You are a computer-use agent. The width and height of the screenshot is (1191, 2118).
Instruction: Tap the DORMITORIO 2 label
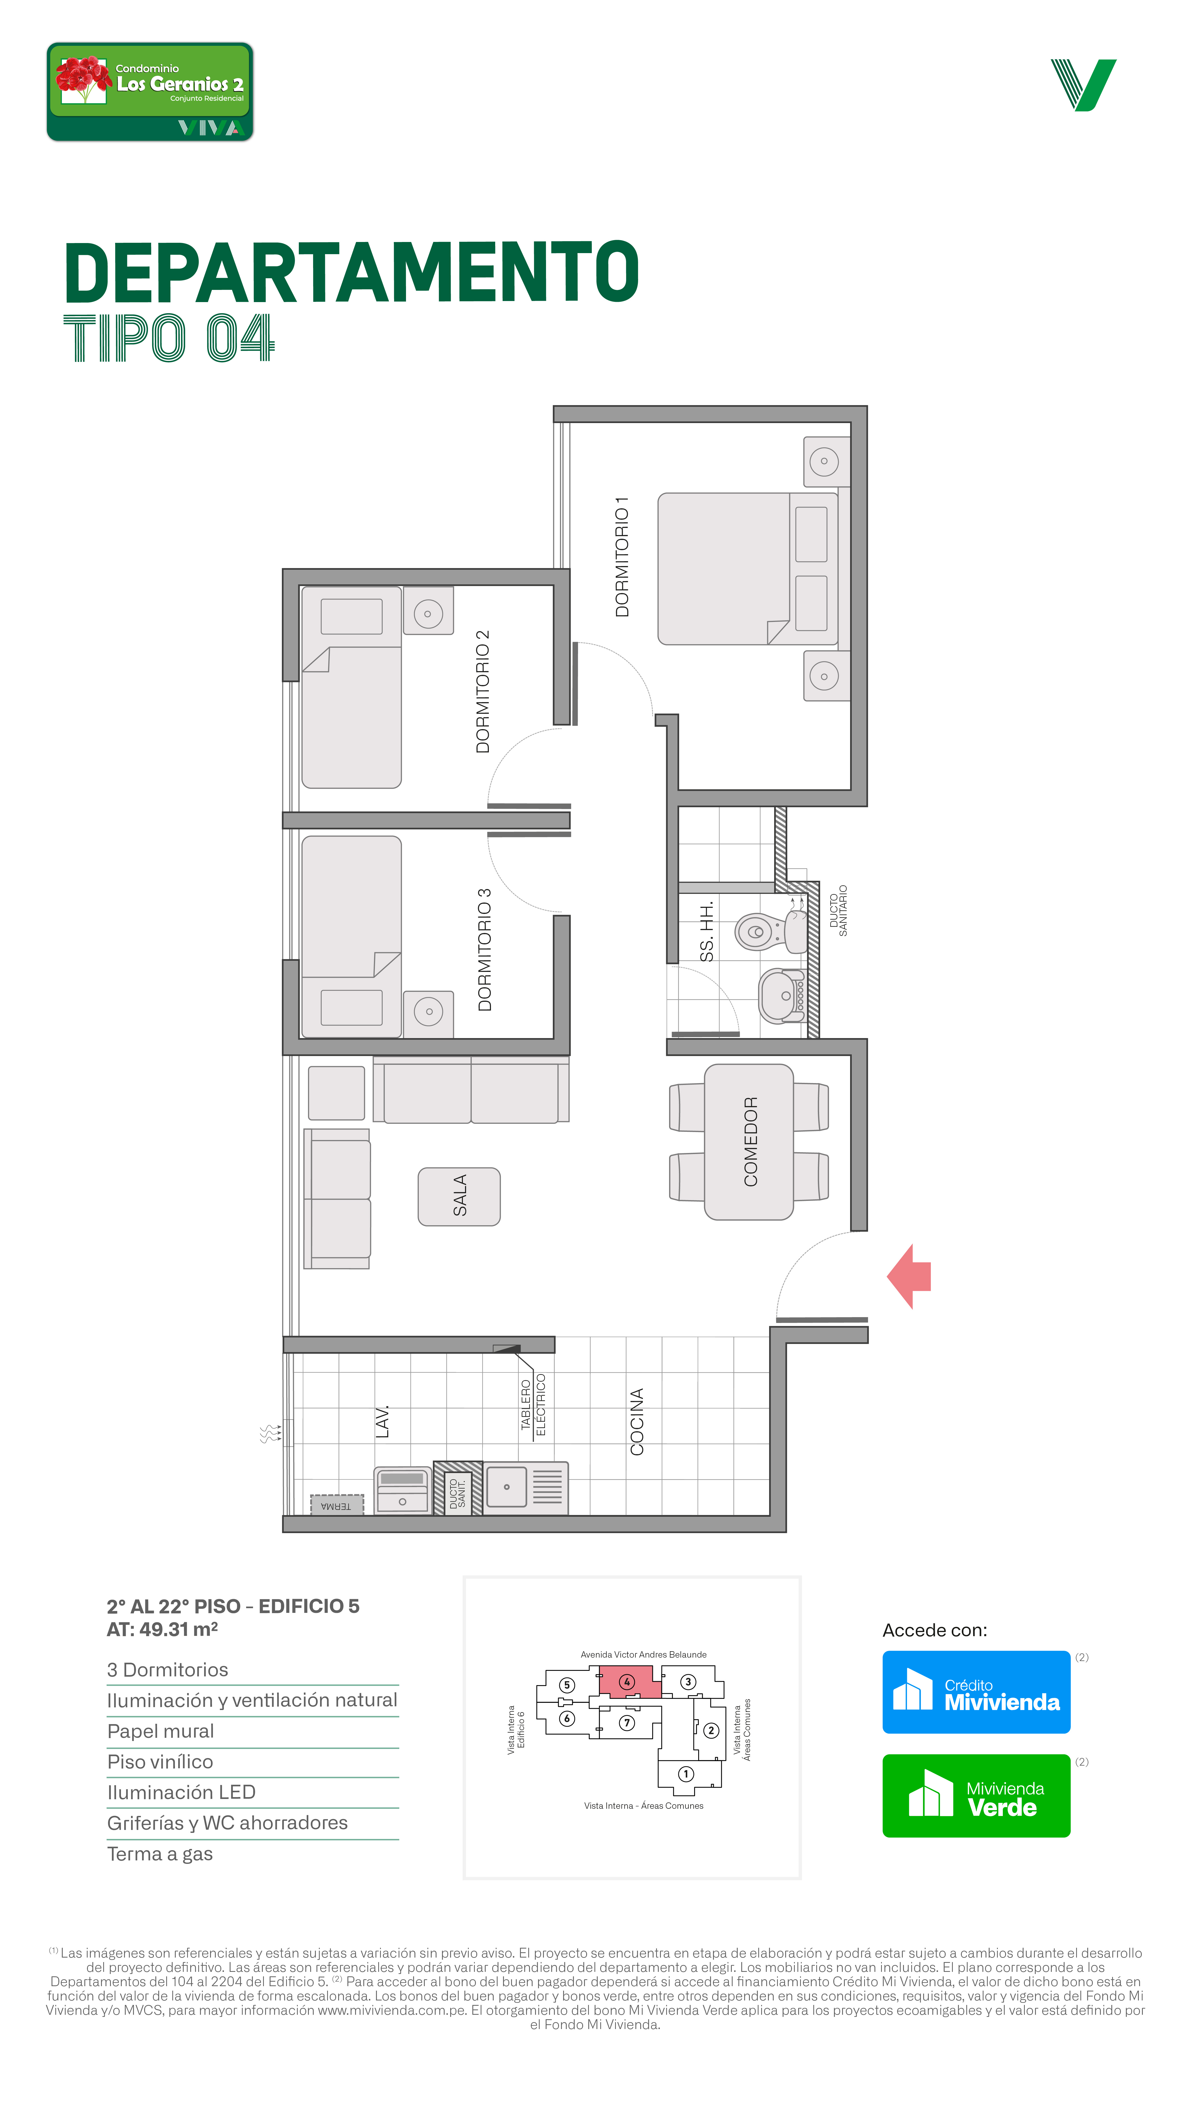(x=482, y=692)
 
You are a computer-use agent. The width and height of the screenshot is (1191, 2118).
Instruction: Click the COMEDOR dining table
(x=749, y=1142)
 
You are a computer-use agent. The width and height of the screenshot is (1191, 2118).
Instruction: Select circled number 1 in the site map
(x=685, y=1774)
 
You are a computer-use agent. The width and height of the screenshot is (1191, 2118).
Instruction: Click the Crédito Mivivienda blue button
(x=976, y=1692)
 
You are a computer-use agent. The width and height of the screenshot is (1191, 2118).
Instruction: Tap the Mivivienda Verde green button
(x=976, y=1796)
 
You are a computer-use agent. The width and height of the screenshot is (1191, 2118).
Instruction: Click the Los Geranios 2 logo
(x=150, y=92)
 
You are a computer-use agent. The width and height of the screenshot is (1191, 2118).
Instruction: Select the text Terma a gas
(x=160, y=1854)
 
